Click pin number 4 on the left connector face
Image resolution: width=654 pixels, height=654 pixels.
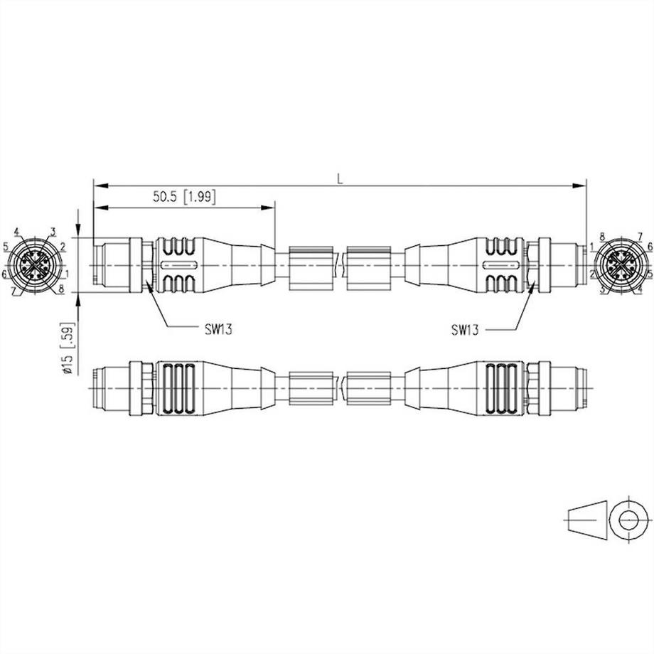tap(16, 232)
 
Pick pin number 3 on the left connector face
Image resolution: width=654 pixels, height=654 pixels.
tap(52, 232)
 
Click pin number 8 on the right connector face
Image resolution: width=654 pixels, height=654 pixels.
tap(601, 235)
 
